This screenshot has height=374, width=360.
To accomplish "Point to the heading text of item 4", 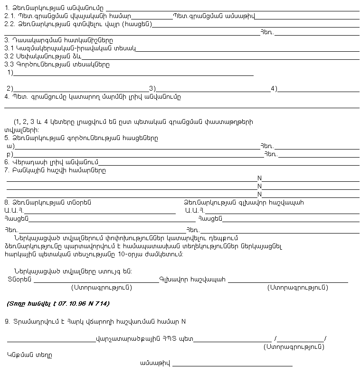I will click(93, 97).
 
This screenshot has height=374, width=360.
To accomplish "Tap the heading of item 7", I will click(55, 170).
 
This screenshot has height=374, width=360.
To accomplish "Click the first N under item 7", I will click(259, 178).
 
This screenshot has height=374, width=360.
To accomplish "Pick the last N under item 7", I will click(259, 194).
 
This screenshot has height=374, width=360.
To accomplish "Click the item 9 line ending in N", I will click(95, 321).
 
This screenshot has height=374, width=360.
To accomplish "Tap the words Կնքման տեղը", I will click(29, 355).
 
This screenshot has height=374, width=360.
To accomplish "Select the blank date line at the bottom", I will click(232, 365).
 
